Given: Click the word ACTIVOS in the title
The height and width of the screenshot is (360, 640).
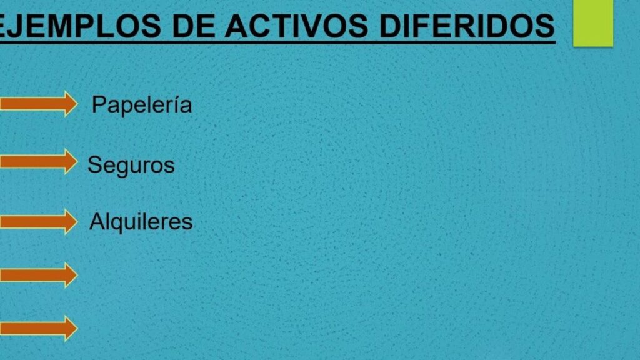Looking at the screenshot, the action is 296,26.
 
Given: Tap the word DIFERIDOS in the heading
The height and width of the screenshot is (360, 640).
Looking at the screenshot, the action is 467,26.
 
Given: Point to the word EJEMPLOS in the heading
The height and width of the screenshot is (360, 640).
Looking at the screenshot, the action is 79,26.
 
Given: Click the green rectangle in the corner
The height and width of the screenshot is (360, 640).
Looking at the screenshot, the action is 593,23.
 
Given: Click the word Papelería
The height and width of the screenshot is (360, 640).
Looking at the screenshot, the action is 142,105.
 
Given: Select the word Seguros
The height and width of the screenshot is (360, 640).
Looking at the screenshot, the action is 131,165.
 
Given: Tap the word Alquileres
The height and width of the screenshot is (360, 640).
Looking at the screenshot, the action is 141,222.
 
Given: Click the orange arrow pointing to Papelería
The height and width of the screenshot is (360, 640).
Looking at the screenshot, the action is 39,104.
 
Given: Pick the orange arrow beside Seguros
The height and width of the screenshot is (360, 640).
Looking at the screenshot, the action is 39,161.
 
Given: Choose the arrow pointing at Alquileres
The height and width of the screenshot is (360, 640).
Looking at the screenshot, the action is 39,222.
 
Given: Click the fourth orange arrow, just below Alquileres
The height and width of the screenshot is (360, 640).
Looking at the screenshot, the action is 39,275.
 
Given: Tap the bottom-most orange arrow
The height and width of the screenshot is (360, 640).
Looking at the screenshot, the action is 39,328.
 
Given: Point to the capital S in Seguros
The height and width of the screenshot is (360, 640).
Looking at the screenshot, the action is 95,164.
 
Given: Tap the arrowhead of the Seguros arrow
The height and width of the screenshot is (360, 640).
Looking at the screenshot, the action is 71,161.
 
